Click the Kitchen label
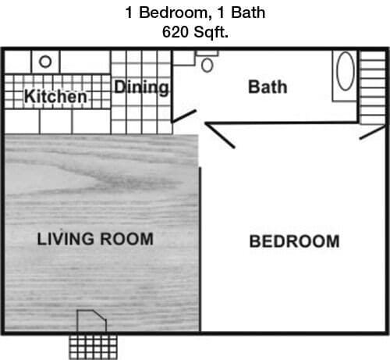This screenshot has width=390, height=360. [x=55, y=97]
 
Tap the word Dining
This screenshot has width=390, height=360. [x=142, y=87]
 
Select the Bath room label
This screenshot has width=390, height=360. [x=268, y=86]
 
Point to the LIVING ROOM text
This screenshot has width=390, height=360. [x=95, y=238]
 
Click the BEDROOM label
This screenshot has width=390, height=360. [x=294, y=241]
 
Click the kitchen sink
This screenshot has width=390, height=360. [x=46, y=61]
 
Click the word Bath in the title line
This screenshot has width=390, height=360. [x=250, y=12]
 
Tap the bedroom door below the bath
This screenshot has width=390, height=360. [x=220, y=135]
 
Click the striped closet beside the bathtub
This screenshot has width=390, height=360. [x=373, y=86]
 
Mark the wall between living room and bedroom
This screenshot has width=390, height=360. [x=200, y=250]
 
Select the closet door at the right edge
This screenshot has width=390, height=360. [x=372, y=132]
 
